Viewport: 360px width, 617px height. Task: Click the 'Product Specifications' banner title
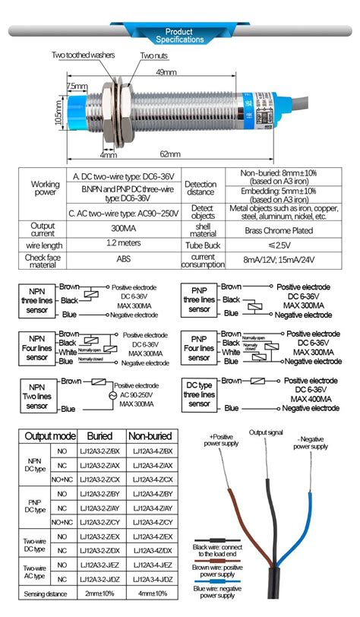coord(179,35)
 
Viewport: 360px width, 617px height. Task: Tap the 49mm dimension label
coord(166,71)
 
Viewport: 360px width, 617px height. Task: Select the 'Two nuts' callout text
coord(153,55)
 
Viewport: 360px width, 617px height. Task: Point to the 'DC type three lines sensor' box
coord(200,395)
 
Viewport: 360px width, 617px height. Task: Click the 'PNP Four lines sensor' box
coord(199,348)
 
